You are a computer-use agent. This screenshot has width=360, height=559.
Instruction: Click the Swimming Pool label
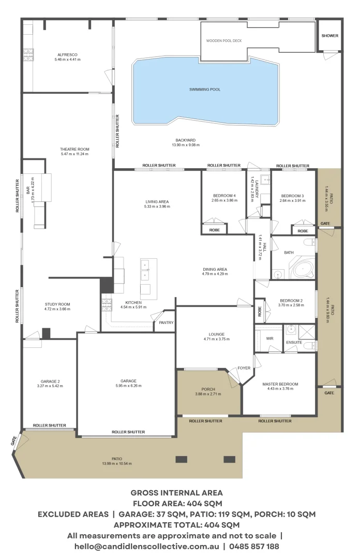(205, 90)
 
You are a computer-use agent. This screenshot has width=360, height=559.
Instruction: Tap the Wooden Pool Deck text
(223, 40)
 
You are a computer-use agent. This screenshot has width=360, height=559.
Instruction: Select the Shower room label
(329, 36)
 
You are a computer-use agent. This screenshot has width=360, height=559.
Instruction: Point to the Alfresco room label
(67, 54)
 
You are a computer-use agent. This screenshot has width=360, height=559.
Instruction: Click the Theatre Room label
(74, 149)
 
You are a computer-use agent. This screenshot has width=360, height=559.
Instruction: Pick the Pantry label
(166, 323)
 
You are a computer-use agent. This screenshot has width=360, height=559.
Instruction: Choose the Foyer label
(244, 369)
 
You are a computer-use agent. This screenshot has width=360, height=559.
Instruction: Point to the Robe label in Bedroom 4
(214, 230)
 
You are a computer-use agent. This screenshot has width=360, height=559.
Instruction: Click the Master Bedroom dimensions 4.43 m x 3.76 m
(280, 389)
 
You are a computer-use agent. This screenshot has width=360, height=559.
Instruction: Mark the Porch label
(208, 389)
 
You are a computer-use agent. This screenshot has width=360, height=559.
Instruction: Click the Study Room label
(57, 304)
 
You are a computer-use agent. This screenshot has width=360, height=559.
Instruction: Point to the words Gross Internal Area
(176, 493)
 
